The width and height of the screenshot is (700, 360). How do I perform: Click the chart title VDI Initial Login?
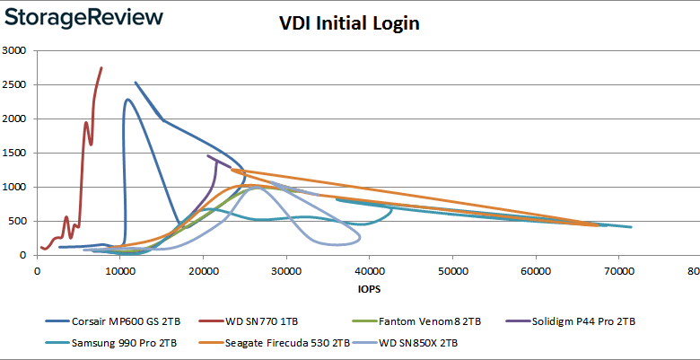point(349,24)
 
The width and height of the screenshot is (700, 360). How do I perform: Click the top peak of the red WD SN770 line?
point(101,67)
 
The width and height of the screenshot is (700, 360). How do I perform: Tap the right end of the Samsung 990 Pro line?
point(631,227)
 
